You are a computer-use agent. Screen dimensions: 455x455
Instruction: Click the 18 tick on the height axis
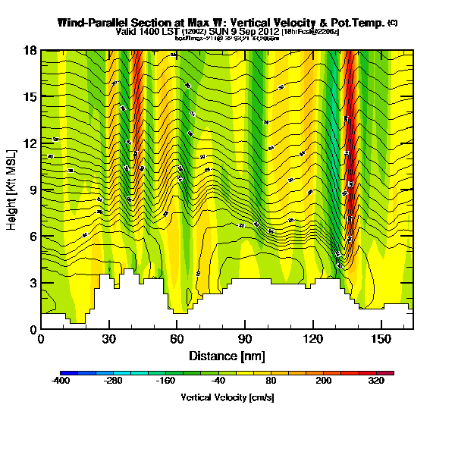point(30,51)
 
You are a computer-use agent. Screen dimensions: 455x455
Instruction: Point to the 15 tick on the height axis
point(30,97)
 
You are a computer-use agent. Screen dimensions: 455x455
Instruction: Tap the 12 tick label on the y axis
point(30,144)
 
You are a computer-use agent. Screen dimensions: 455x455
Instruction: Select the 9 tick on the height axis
point(32,190)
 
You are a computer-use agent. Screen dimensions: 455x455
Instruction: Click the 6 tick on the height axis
point(32,237)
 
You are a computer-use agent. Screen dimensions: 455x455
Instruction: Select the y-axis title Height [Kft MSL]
point(13,190)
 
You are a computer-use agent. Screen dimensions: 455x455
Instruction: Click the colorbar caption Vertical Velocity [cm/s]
point(227,397)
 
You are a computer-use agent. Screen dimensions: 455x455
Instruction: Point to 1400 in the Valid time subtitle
point(147,33)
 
